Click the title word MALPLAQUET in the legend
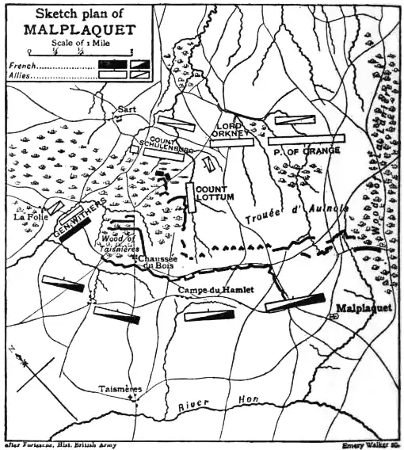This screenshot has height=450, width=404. click(x=81, y=30)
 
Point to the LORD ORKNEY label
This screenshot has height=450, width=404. click(x=231, y=130)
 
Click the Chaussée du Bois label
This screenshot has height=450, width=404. click(x=154, y=261)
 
